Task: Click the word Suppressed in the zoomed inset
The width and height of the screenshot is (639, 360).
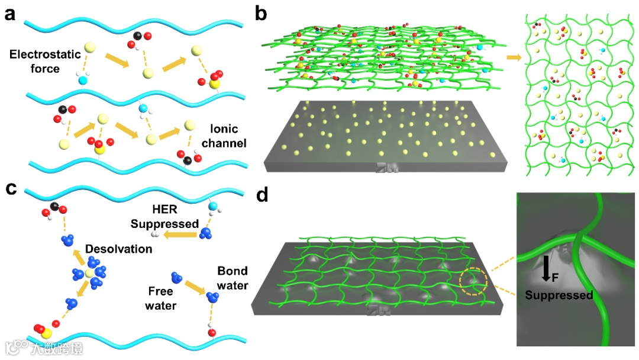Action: click(x=559, y=295)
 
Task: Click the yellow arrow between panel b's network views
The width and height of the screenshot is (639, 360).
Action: click(x=513, y=57)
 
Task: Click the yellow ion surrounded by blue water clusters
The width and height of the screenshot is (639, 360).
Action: click(x=89, y=273)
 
